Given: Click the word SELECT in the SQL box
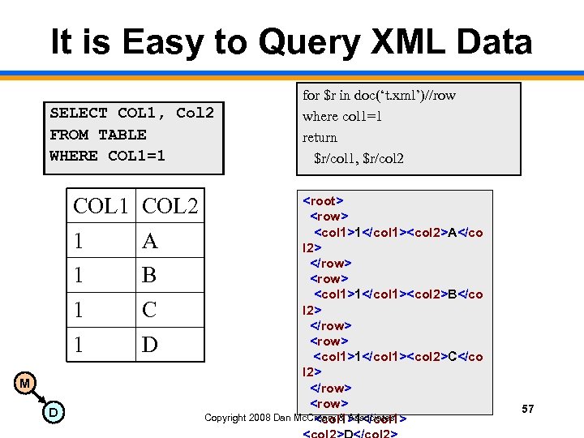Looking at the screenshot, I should tap(79, 113).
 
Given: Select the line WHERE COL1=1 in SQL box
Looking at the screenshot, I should tap(107, 155).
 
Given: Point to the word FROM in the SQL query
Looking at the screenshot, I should tap(69, 134).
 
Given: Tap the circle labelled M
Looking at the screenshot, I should tap(25, 383).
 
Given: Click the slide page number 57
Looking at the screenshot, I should tap(527, 409).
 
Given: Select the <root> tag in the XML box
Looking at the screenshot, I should tap(324, 200).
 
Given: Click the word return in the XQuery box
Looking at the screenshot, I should tap(320, 137).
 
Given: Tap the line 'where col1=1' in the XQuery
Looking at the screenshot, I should tap(342, 116).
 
